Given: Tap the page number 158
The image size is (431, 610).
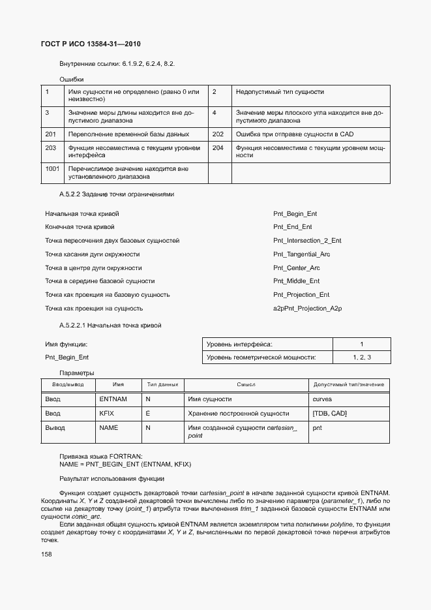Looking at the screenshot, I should click(47, 554).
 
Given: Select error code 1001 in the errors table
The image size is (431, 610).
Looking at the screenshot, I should click(52, 169).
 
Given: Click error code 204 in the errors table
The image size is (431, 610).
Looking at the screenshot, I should click(218, 148).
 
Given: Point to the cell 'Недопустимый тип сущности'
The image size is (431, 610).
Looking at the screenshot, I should click(280, 92).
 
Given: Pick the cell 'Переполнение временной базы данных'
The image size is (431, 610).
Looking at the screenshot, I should click(128, 134).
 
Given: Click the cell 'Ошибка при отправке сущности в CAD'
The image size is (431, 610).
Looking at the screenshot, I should click(294, 134).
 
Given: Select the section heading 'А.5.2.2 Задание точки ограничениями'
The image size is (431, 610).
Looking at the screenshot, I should click(117, 194).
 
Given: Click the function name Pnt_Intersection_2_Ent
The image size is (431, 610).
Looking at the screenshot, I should click(307, 241).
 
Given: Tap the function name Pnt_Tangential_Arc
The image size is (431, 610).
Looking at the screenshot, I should click(301, 254).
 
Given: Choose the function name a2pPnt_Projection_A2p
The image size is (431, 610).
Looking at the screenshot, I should click(307, 309).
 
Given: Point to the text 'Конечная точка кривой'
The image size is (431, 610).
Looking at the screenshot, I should click(80, 227).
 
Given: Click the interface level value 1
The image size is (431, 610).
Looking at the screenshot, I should click(362, 344).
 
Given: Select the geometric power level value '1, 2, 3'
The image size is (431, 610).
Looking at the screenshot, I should click(362, 358).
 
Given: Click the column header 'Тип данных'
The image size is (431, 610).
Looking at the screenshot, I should click(162, 385).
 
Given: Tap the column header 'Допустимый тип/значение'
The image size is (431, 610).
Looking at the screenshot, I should click(349, 385).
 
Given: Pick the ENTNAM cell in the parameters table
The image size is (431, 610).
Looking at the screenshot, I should click(113, 399).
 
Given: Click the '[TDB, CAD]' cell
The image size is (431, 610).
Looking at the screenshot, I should click(330, 414).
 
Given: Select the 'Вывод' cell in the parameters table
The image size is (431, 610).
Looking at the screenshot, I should click(54, 428).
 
